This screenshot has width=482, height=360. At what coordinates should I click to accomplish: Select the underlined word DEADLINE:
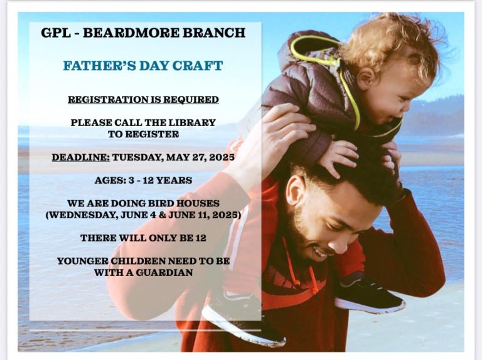click(80, 157)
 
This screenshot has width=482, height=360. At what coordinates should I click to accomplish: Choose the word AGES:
click(110, 180)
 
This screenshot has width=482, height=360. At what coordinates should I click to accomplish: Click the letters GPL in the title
click(56, 33)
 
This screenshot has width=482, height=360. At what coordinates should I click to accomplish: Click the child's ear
click(366, 78)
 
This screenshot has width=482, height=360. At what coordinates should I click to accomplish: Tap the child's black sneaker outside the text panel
click(370, 295)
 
